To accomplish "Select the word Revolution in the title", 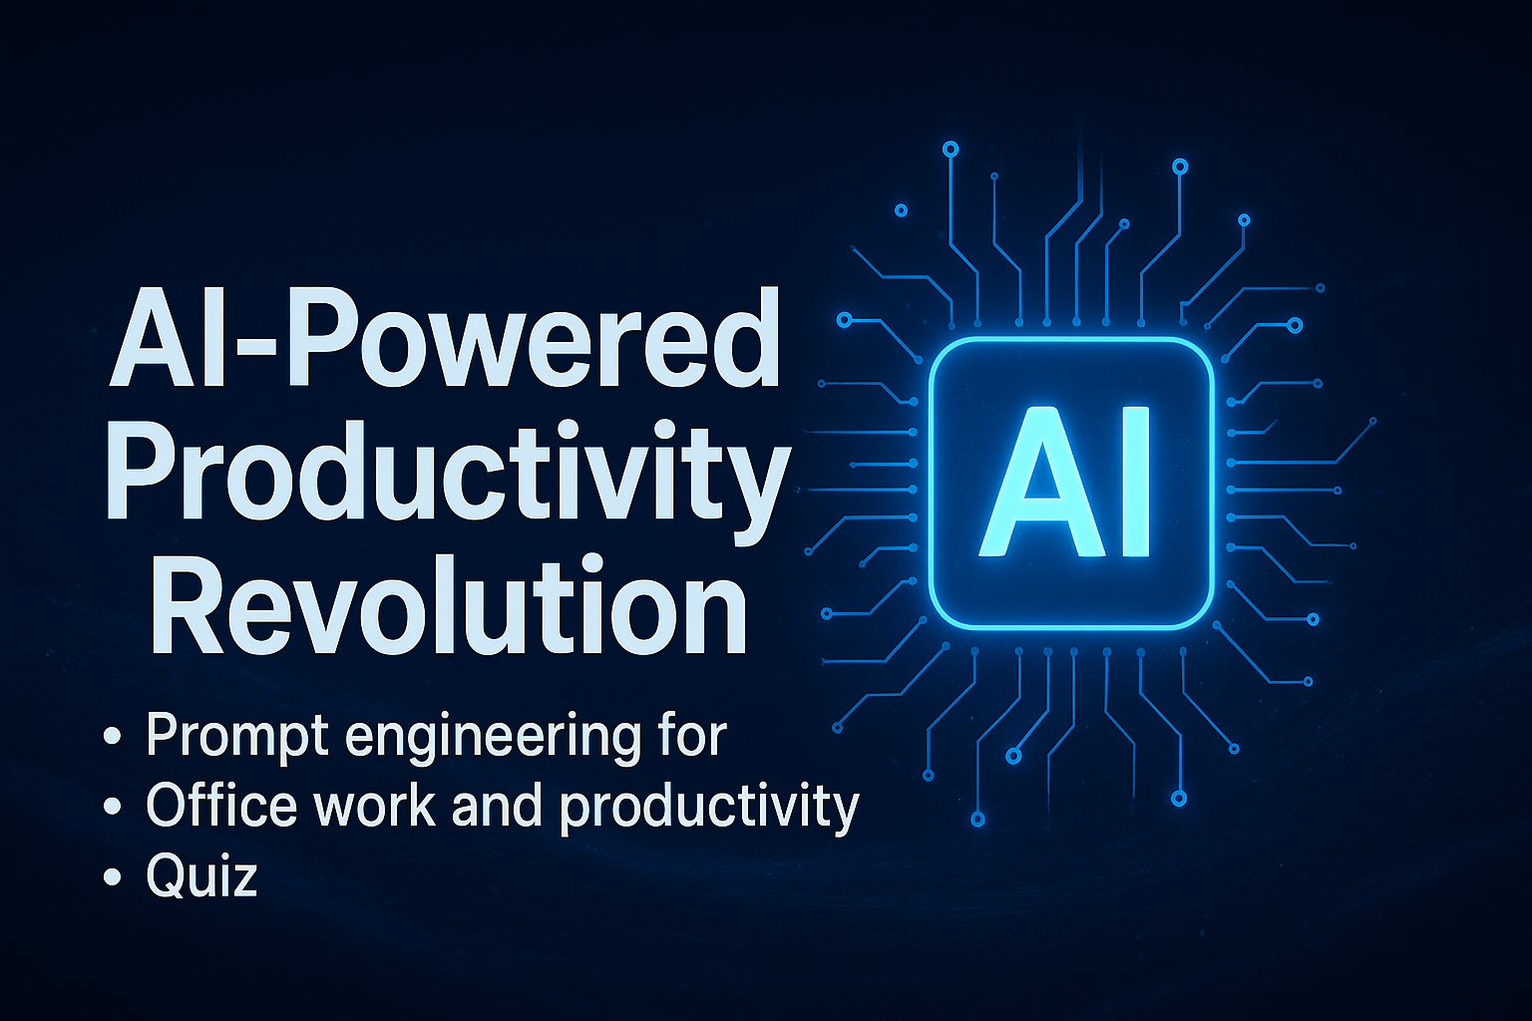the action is click(449, 604).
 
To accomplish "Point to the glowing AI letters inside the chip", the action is click(1064, 482).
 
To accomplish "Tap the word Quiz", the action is click(201, 874).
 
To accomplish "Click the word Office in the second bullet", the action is click(221, 805).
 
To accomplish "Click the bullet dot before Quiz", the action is click(112, 876).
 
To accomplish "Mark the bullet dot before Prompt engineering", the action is click(112, 737).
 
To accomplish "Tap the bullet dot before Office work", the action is click(112, 807).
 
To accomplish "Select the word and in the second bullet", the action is click(498, 805).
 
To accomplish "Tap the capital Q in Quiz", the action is click(169, 875).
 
